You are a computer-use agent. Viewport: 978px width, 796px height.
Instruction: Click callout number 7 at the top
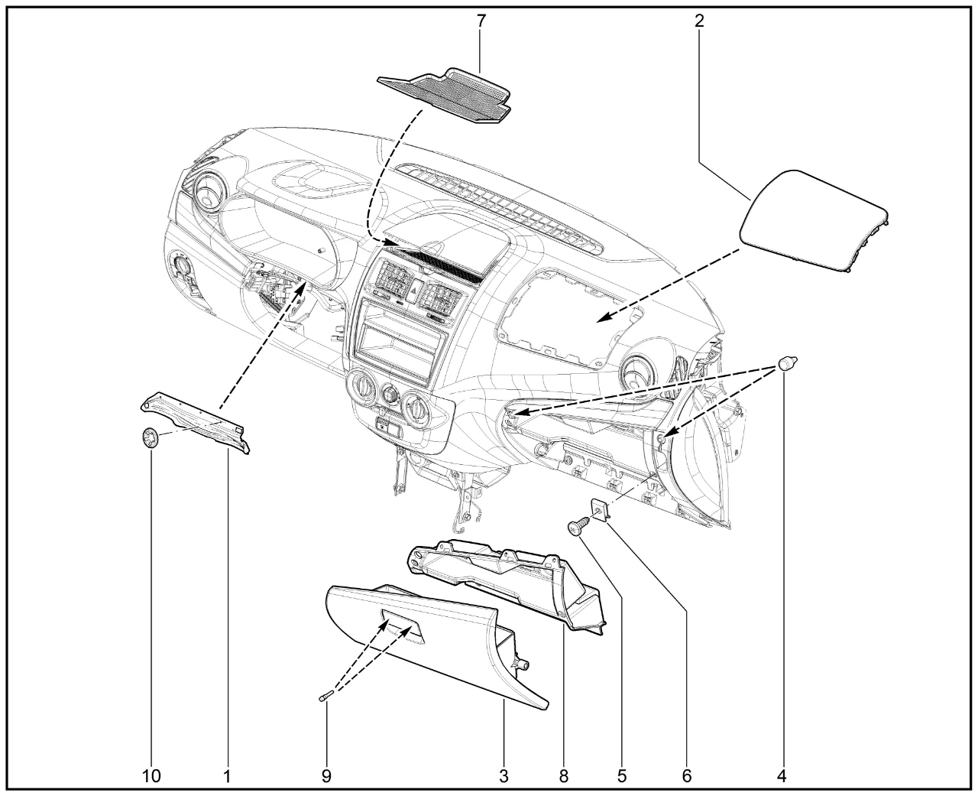(x=481, y=21)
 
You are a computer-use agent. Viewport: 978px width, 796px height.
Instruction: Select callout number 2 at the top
(x=699, y=21)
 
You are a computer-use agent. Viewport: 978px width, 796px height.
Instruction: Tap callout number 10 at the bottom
(x=151, y=776)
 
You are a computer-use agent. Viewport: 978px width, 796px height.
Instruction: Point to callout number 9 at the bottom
(x=326, y=776)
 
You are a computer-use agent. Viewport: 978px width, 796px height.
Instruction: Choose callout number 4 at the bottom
(x=782, y=776)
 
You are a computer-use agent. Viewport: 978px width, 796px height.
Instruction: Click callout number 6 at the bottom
(x=686, y=776)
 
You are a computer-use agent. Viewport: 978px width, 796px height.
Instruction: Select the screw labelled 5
(x=578, y=525)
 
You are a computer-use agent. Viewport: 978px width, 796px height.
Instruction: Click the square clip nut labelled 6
(x=600, y=509)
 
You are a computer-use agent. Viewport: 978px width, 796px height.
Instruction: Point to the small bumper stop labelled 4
(x=787, y=363)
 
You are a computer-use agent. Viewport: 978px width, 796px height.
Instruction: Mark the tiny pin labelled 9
(x=325, y=697)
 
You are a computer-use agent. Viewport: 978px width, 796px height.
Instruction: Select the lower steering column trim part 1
(x=195, y=422)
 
